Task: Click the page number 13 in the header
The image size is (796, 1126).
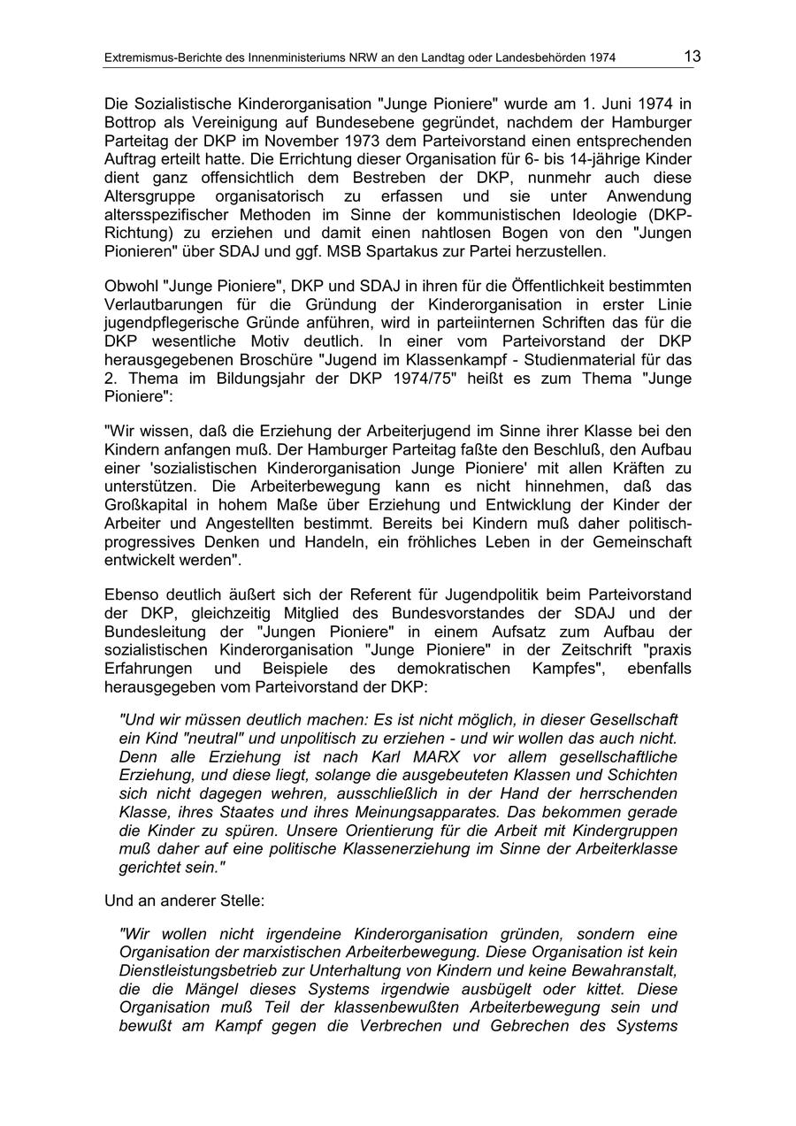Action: [692, 57]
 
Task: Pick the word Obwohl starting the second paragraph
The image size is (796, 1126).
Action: [131, 287]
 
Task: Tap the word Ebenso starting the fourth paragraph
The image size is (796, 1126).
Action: [132, 595]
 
